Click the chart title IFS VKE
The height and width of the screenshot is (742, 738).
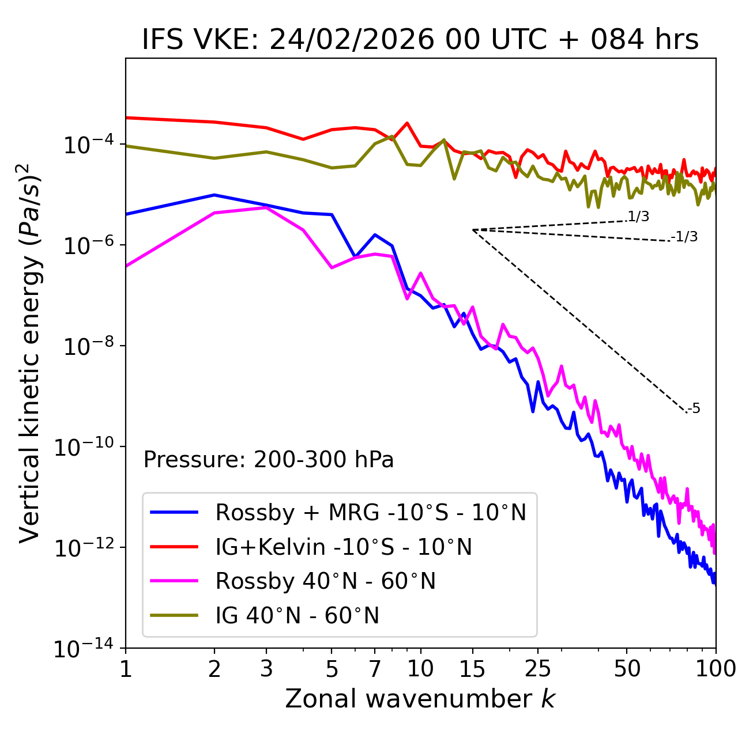pos(420,40)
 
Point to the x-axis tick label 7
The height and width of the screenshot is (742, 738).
pos(375,668)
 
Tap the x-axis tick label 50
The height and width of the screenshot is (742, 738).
pos(627,668)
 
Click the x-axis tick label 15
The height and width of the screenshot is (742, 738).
pos(472,668)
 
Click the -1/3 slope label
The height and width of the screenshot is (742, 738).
pos(684,237)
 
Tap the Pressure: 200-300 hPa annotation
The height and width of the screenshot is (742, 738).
pos(268,460)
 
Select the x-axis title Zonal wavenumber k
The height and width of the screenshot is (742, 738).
pos(420,699)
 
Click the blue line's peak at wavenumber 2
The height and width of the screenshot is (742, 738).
pos(214,195)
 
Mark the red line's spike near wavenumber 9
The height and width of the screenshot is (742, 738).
pos(407,123)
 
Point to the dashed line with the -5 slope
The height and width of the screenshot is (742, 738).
pos(577,320)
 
